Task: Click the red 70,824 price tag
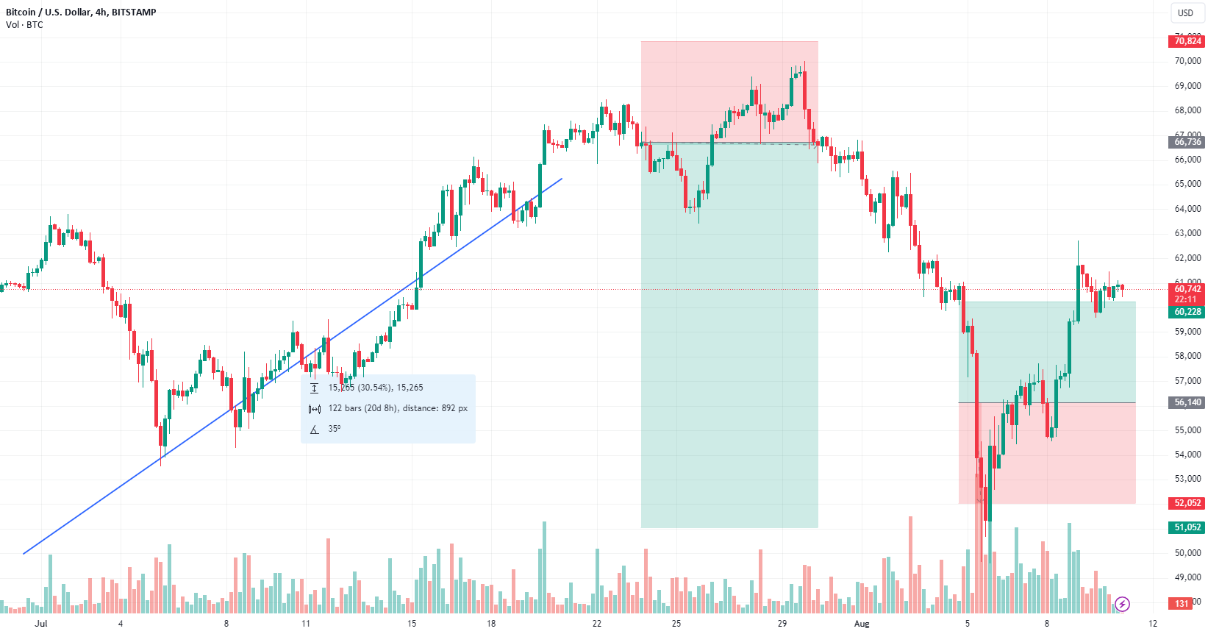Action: pos(1187,41)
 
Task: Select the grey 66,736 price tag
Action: pos(1187,142)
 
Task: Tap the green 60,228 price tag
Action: pos(1187,312)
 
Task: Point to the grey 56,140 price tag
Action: pos(1187,402)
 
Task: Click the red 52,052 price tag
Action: pos(1187,503)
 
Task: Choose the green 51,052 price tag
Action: pos(1187,527)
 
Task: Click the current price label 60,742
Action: pos(1187,289)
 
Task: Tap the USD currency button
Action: pos(1185,13)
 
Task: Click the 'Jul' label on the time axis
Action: pos(41,624)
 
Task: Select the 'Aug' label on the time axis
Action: pos(862,624)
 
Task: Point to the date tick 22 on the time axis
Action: pos(596,624)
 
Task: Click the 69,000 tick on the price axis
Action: pos(1187,86)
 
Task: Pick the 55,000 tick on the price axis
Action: pos(1187,430)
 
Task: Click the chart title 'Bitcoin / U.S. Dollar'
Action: pos(49,12)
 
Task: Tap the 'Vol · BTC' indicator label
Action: pos(24,25)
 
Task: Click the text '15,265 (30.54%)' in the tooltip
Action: pos(376,388)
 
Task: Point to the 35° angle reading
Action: pos(335,429)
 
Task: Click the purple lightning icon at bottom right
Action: pos(1122,605)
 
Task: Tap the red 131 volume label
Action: pos(1182,604)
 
